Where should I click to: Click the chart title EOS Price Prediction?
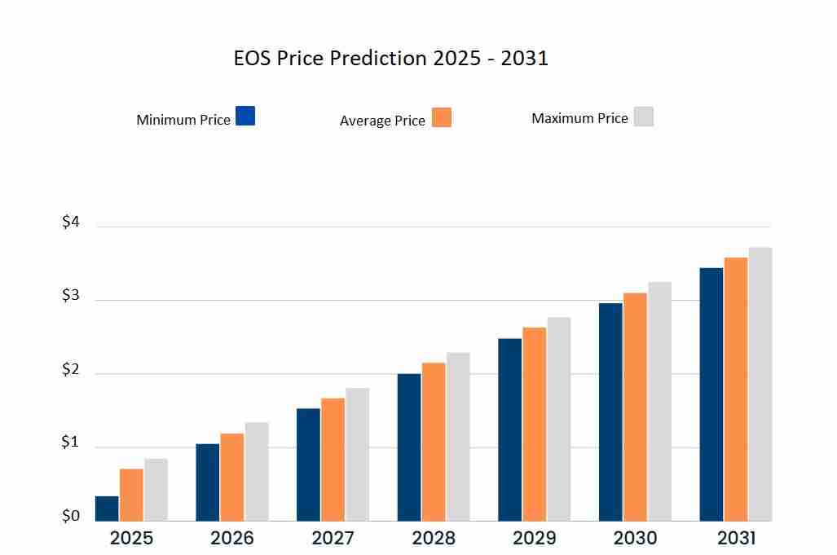click(x=390, y=59)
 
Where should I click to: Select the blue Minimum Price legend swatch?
click(x=245, y=116)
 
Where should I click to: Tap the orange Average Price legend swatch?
click(x=441, y=117)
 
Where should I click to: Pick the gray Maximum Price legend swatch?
click(x=644, y=117)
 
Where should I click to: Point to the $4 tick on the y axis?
click(x=71, y=222)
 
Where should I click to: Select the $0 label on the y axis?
click(x=71, y=517)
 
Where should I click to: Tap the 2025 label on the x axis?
click(x=131, y=539)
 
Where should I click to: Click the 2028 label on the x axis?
click(x=434, y=539)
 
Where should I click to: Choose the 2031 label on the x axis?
click(x=736, y=539)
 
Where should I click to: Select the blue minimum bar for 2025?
click(x=107, y=509)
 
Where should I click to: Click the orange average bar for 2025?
click(x=131, y=495)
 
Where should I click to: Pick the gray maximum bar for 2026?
click(x=257, y=471)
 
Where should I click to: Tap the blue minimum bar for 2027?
click(x=308, y=465)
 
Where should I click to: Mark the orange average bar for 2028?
click(x=434, y=442)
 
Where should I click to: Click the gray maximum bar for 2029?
click(x=559, y=419)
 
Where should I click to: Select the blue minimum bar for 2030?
click(x=610, y=412)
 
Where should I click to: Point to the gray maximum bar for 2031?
click(x=760, y=384)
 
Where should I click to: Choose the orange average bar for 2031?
click(x=736, y=389)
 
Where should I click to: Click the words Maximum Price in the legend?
click(x=579, y=118)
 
